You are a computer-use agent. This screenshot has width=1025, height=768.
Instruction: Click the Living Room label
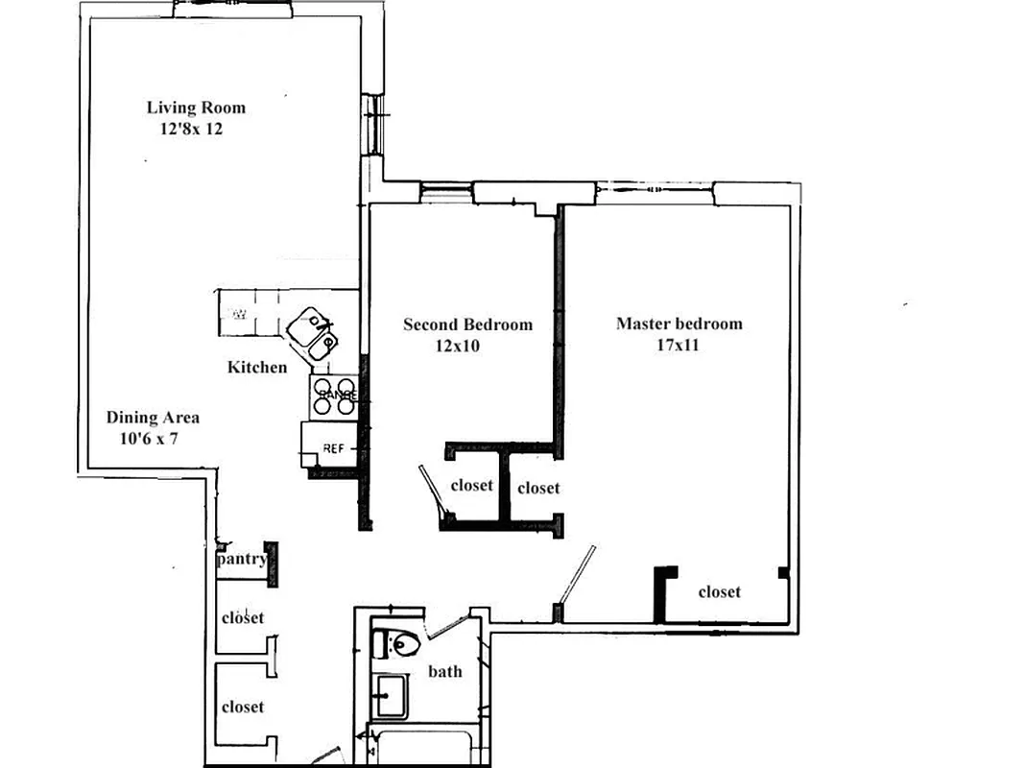(x=196, y=108)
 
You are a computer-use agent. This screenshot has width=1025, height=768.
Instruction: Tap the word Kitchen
(x=256, y=367)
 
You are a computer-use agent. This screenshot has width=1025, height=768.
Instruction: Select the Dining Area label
(x=153, y=418)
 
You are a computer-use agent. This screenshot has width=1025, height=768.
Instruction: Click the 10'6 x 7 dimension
(x=149, y=439)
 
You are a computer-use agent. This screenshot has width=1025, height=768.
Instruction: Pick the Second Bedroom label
(x=467, y=324)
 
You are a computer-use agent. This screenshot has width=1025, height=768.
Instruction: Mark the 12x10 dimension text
(x=457, y=346)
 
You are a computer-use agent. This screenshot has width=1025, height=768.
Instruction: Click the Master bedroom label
(x=679, y=324)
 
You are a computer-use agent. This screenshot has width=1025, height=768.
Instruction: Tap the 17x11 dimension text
(x=678, y=345)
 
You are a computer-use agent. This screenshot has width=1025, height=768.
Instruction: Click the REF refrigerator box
(x=330, y=446)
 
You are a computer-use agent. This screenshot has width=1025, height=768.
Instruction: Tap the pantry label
(x=242, y=559)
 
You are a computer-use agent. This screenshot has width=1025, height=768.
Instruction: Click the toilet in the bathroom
(x=396, y=643)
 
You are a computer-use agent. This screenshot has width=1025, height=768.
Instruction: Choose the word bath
(x=444, y=671)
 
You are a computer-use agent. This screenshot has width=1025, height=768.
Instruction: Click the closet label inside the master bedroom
(x=719, y=592)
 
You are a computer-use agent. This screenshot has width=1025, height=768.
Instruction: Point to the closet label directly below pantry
(x=242, y=618)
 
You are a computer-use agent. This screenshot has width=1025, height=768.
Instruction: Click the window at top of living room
(x=230, y=10)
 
